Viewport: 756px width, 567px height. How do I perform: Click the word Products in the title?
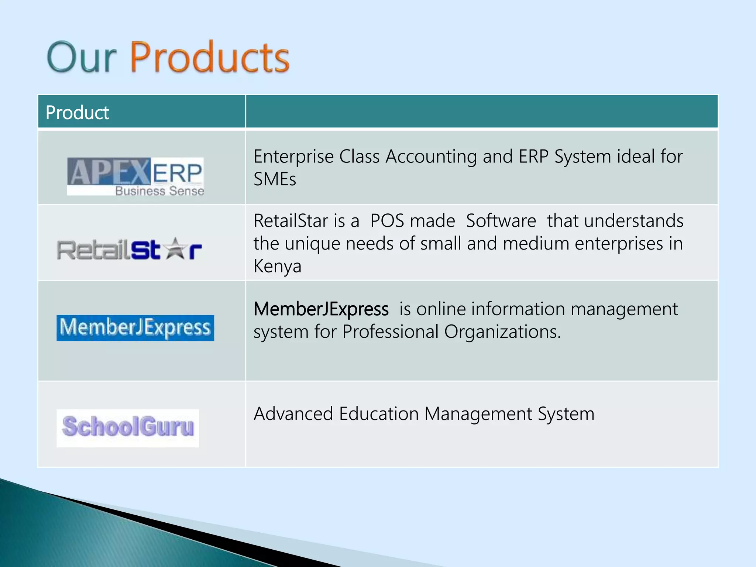coord(210,57)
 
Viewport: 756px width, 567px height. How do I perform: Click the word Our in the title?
coord(82,57)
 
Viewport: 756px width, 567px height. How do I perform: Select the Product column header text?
coord(77,113)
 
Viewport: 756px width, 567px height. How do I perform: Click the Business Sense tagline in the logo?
coord(159,191)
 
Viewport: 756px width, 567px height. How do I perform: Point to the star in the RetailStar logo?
coord(175,248)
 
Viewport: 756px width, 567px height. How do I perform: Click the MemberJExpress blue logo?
coord(135,328)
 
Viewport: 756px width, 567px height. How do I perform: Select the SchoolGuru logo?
coord(128,427)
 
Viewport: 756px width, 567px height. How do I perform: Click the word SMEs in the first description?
coord(275,179)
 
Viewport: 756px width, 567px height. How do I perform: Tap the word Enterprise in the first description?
coord(293,157)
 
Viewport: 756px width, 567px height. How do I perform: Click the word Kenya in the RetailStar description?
coord(277,266)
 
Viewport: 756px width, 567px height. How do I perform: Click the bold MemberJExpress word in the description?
coord(321,309)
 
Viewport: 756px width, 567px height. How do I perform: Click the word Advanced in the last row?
coord(293,414)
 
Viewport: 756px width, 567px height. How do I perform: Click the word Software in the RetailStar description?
coord(501,221)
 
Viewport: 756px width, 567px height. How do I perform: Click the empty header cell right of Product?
coord(481,112)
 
